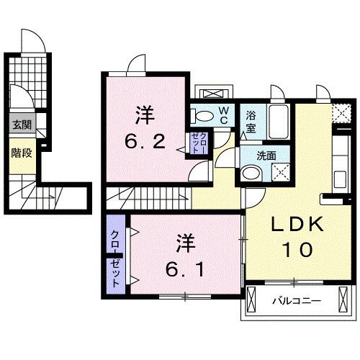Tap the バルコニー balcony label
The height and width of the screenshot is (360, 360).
tap(296, 300)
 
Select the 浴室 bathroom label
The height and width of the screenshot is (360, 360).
tap(251, 120)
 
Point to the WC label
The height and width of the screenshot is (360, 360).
tap(224, 115)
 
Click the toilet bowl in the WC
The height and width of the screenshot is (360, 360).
tap(204, 114)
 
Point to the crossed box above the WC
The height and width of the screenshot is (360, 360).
tap(214, 94)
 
